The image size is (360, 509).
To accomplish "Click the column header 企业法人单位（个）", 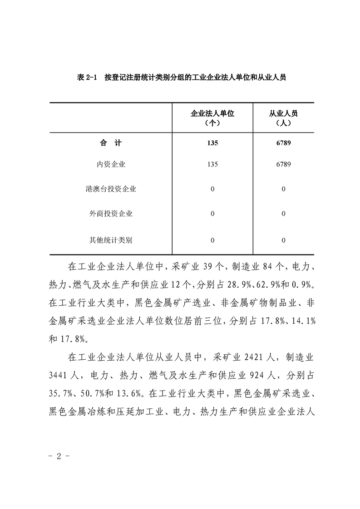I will [212, 118].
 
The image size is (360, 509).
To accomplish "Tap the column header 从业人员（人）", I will [283, 118].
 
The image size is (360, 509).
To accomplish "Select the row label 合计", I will [111, 143].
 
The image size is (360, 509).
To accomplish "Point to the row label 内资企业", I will [111, 164].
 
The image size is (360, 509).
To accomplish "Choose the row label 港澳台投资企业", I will [111, 189].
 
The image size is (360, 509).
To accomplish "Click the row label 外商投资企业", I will [111, 213].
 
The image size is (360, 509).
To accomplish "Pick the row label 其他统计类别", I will [111, 240].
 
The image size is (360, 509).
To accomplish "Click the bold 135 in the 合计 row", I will [212, 143].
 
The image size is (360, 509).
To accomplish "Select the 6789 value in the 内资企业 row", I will [283, 164].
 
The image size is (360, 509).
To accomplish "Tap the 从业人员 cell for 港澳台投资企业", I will [283, 189].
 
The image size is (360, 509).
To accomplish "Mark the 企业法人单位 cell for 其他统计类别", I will [212, 240].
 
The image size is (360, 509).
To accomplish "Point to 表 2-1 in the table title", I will [87, 78].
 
